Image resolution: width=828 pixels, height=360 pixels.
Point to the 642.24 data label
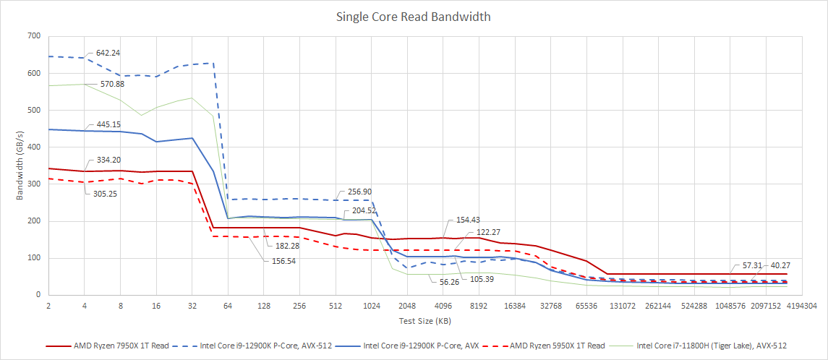103,53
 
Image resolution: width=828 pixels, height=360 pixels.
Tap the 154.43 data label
469,219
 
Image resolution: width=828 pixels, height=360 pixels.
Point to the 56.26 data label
448,282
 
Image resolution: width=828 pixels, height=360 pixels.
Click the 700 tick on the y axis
33,36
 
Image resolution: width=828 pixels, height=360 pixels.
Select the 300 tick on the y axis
33,184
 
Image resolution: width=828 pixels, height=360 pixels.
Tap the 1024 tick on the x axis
372,307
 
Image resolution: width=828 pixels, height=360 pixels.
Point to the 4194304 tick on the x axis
803,307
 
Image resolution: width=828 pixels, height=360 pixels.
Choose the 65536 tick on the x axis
586,307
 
